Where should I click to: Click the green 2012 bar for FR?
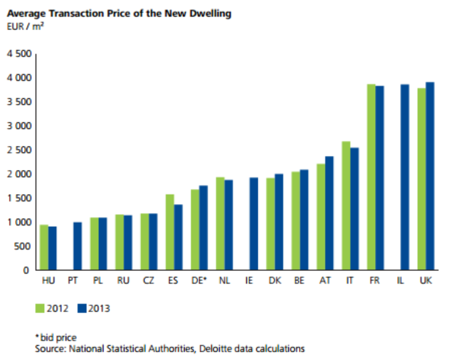click(x=371, y=177)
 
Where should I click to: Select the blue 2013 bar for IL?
click(x=404, y=177)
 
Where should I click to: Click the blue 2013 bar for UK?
click(x=430, y=176)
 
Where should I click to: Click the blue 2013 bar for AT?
click(x=329, y=213)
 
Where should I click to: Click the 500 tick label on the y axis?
click(x=23, y=246)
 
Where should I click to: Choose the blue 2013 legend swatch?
click(x=82, y=308)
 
